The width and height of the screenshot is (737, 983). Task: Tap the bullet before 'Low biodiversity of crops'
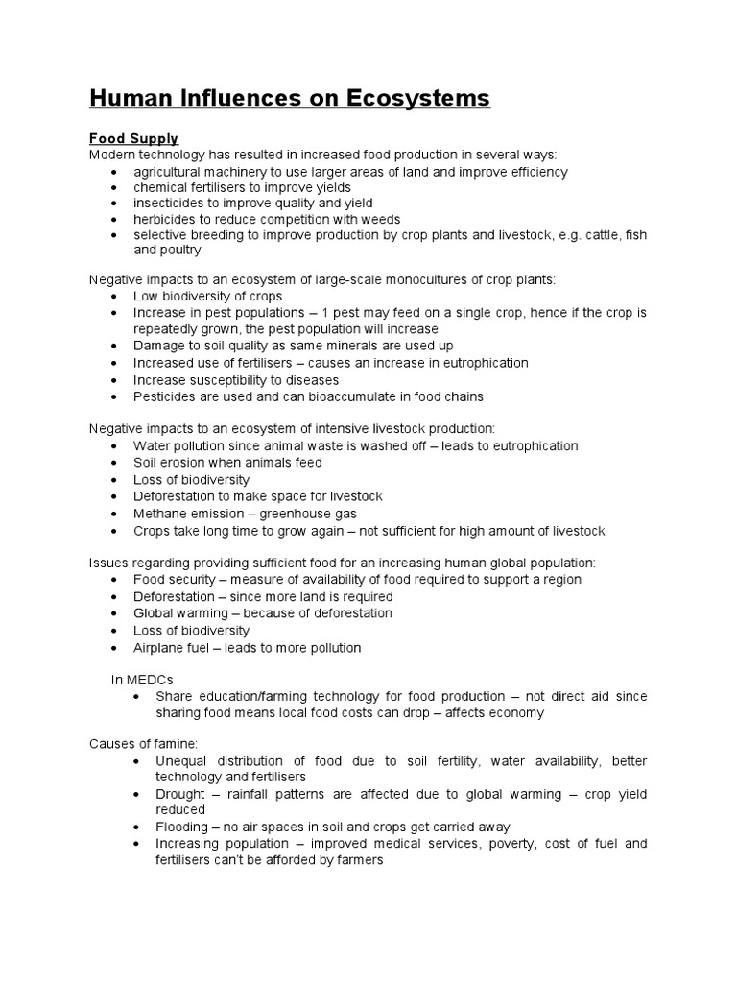pos(115,297)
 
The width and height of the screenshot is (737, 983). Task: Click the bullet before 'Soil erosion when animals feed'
pos(115,463)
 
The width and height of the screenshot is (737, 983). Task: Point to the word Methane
pos(160,514)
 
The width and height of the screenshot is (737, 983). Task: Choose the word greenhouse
pos(290,514)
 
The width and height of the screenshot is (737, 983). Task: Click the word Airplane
pos(159,648)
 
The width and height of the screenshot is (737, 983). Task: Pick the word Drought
pos(181,794)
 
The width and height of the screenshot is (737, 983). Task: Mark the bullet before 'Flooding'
pos(138,827)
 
